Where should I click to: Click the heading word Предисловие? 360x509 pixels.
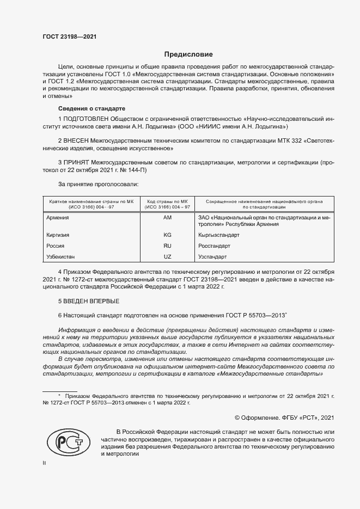(188, 54)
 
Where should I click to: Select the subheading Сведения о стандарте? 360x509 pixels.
(84, 108)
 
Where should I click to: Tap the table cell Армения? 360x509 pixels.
(59, 218)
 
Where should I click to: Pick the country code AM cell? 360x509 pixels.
(167, 218)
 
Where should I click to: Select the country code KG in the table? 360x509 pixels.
(167, 235)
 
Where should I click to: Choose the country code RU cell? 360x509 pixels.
(167, 246)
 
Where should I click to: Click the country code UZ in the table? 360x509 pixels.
(167, 256)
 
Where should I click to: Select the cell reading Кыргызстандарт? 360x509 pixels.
(219, 235)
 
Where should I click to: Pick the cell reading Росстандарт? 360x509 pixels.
(215, 246)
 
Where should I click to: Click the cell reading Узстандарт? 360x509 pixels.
(213, 256)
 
